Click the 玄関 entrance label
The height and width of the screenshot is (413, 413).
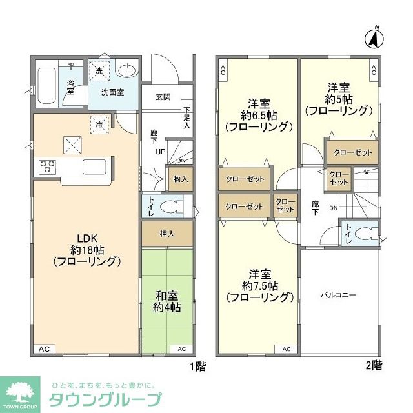(x=163, y=97)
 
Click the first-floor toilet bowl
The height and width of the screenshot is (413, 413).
(x=170, y=206)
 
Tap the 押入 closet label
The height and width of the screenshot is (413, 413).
(x=166, y=233)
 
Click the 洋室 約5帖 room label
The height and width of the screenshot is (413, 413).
(x=339, y=99)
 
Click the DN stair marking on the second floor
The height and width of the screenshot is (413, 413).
(x=333, y=208)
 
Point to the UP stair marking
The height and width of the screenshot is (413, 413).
(x=159, y=152)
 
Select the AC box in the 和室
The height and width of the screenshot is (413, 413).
(x=182, y=349)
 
